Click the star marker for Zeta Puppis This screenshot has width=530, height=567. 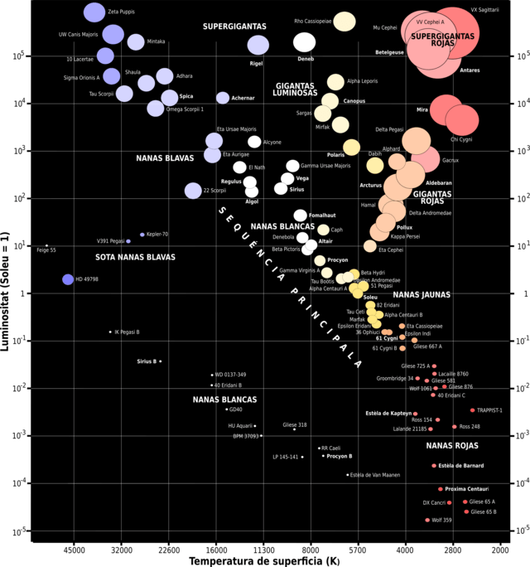94,12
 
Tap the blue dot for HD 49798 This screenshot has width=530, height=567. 68,279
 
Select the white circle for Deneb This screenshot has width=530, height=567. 304,42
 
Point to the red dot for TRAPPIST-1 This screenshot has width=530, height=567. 473,410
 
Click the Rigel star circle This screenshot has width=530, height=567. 258,46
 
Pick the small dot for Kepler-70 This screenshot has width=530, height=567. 142,235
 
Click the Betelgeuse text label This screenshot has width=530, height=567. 389,52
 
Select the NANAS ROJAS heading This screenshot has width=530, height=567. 452,446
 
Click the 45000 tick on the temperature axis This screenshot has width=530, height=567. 75,548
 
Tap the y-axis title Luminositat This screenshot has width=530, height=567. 7,282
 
